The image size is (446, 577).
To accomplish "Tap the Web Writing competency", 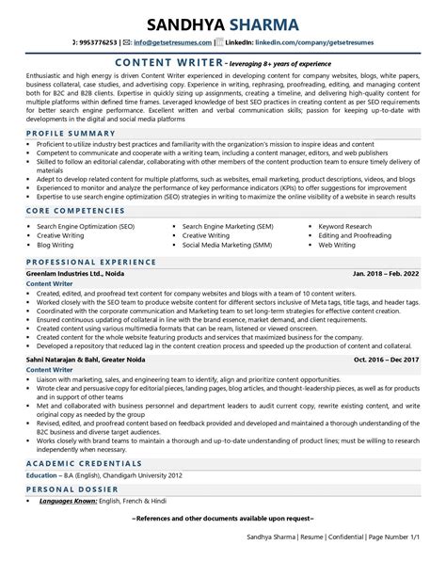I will [337, 245].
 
